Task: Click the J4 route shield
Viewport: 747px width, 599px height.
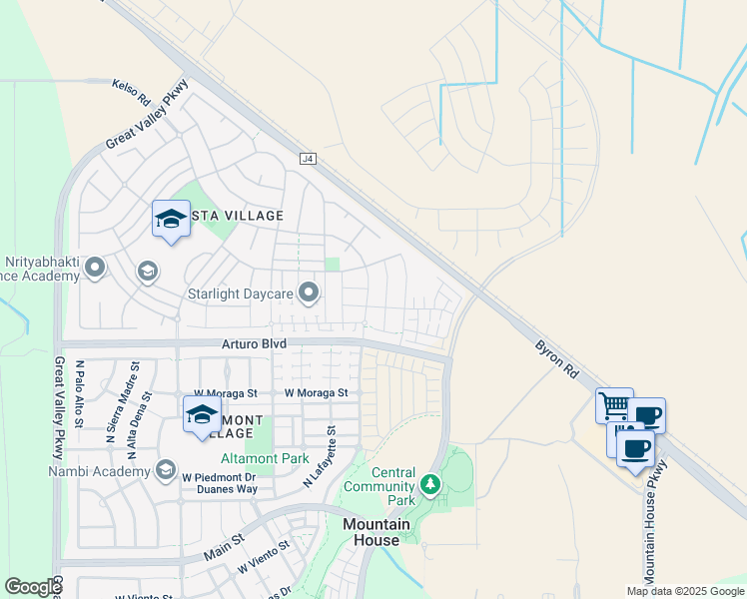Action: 308,159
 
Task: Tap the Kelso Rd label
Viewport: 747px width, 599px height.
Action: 131,94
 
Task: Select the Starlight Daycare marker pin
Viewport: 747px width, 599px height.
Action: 310,294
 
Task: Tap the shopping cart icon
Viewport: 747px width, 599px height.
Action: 613,405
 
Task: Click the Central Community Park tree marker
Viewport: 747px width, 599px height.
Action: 430,484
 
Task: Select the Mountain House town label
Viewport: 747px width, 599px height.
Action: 376,532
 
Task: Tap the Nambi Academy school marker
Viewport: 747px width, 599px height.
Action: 165,469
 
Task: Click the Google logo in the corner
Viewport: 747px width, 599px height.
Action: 33,587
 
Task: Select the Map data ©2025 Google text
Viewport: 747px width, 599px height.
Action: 685,591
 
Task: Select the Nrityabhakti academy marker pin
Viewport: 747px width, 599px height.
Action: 96,268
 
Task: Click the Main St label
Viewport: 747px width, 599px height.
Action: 225,545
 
